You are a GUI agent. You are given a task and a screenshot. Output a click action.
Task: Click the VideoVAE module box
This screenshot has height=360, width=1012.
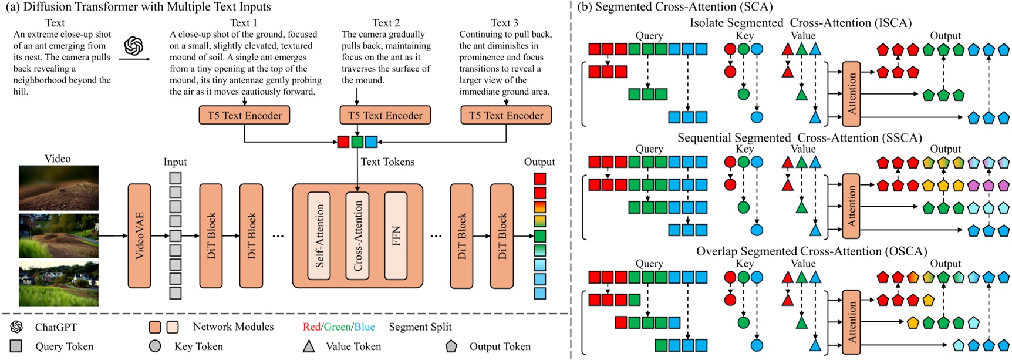[x=139, y=235]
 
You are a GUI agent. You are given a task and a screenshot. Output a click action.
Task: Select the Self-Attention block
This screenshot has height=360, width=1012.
[x=319, y=235]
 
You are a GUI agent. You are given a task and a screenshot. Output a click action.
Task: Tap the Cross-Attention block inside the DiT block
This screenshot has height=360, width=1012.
[x=357, y=235]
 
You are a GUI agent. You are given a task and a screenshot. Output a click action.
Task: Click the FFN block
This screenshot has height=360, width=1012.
[x=396, y=235]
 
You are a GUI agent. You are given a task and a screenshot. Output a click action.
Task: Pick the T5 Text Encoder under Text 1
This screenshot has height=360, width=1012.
[x=244, y=116]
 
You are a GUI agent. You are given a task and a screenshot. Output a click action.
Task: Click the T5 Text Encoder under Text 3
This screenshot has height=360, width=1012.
[x=506, y=116]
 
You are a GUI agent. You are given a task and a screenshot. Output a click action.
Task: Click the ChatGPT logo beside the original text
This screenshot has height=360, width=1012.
[x=134, y=46]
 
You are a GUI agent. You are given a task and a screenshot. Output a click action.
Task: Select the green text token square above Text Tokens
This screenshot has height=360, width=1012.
[x=357, y=142]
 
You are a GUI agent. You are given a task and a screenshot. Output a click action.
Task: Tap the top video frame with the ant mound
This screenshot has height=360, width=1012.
[x=58, y=188]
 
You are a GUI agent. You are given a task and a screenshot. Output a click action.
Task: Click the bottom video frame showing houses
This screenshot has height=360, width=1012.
[x=58, y=285]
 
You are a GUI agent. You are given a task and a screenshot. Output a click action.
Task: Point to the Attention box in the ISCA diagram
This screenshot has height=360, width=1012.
[x=851, y=94]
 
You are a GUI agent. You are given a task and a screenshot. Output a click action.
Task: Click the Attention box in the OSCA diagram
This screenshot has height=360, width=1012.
[x=851, y=322]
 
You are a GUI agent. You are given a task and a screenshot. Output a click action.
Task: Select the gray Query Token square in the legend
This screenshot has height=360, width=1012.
[x=16, y=346]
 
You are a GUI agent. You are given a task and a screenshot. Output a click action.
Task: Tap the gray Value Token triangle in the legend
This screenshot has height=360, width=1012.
[x=308, y=346]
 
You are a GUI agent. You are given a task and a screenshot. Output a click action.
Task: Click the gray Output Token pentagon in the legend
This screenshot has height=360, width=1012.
[x=451, y=346]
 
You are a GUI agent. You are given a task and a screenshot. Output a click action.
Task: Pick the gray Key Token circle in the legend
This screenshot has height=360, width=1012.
[x=155, y=346]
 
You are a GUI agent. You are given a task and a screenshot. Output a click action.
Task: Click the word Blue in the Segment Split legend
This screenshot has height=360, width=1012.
[x=364, y=327]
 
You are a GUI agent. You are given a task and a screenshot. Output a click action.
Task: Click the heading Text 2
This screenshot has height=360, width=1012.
[x=386, y=23]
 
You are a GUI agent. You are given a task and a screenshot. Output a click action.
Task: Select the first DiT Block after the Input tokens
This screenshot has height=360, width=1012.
[x=211, y=235]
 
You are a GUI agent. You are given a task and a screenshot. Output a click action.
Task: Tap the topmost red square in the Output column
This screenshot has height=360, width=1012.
[x=539, y=179]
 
